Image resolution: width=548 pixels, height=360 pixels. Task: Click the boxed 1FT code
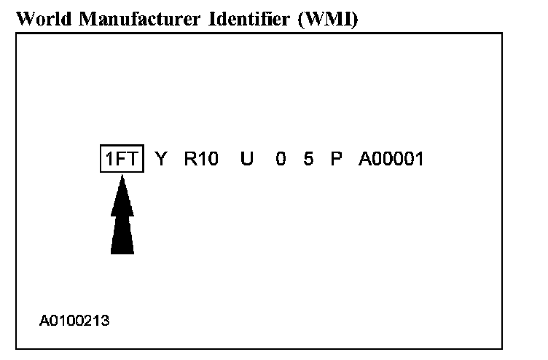(x=122, y=159)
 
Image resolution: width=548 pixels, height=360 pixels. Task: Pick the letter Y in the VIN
(x=161, y=159)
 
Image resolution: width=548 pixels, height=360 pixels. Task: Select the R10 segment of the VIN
(x=201, y=159)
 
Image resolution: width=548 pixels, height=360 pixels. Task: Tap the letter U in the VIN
(x=247, y=159)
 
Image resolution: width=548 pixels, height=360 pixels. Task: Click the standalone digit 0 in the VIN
(x=281, y=159)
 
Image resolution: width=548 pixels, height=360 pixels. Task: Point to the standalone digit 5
(x=308, y=159)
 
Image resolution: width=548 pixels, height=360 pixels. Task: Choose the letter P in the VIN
(x=336, y=159)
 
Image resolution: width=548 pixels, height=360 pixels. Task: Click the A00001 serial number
(x=391, y=159)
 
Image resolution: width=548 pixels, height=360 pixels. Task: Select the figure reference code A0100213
(x=74, y=320)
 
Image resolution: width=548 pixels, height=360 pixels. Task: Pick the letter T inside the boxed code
(x=133, y=159)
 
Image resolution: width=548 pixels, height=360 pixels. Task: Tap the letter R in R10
(x=189, y=159)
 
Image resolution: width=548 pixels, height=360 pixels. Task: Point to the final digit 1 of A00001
(x=419, y=159)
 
